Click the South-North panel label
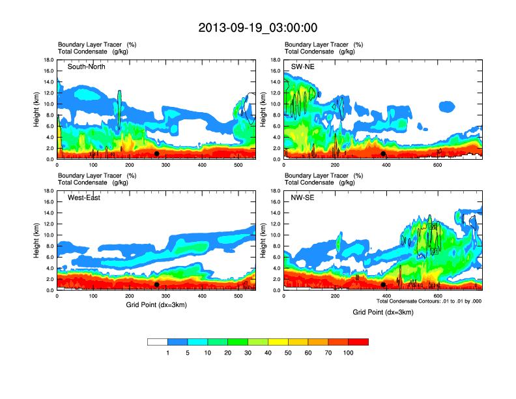(x=87, y=66)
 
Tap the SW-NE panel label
(x=304, y=66)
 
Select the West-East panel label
(x=84, y=198)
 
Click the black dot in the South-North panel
(x=156, y=154)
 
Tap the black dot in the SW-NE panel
(x=383, y=154)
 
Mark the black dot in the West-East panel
(x=156, y=285)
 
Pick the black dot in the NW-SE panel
(x=383, y=285)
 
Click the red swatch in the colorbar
(x=358, y=342)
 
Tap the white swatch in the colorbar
(x=158, y=342)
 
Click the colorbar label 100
(x=349, y=353)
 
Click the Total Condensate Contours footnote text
(x=429, y=301)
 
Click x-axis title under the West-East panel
(x=156, y=305)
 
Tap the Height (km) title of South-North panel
(x=38, y=110)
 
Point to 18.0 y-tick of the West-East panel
(x=50, y=191)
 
